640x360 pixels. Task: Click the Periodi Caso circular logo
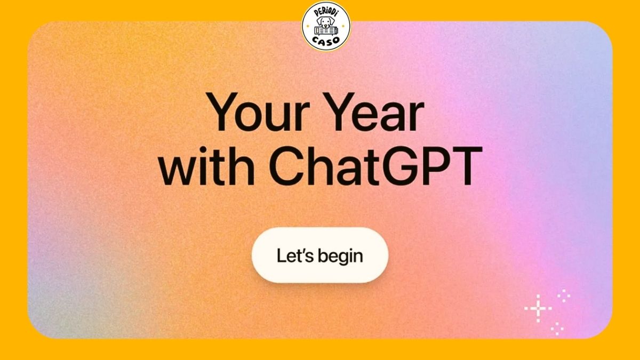pyautogui.click(x=326, y=26)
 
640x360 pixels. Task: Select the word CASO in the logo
pyautogui.click(x=326, y=42)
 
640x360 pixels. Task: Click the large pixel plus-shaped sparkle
pyautogui.click(x=538, y=308)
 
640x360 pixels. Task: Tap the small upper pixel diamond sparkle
pyautogui.click(x=564, y=294)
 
